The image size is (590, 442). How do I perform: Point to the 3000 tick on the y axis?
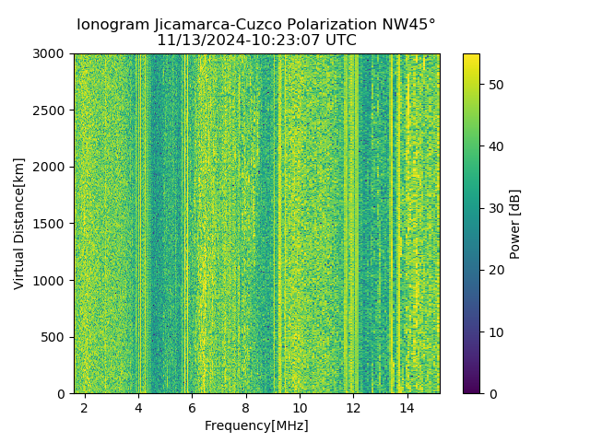(53, 54)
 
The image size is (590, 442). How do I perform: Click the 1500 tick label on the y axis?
(53, 224)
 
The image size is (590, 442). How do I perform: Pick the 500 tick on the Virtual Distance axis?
(56, 337)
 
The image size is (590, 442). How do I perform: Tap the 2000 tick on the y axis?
(53, 167)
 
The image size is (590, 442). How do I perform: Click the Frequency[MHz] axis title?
(256, 425)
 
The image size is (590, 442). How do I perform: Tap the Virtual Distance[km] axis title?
(19, 224)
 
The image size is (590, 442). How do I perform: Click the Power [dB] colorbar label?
(515, 224)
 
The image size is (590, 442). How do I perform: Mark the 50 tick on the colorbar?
(494, 85)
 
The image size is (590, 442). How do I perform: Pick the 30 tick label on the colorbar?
(494, 208)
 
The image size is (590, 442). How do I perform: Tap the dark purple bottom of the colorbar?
(471, 390)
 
